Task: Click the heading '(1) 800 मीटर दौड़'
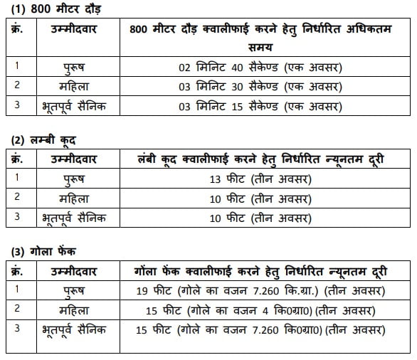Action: point(48,9)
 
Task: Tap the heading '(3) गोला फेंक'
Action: point(42,250)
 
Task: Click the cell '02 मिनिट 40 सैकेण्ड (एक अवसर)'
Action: point(260,68)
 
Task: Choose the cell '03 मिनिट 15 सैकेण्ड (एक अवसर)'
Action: point(260,107)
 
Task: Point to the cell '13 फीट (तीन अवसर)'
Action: point(260,179)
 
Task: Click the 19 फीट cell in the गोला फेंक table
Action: point(260,290)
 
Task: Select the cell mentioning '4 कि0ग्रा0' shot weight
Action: point(260,310)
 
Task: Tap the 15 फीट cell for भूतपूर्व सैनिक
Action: point(260,330)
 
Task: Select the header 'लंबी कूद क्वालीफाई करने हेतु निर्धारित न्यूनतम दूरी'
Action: point(260,159)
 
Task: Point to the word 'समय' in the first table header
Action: point(260,46)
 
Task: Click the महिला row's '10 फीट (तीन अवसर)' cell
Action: point(260,198)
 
